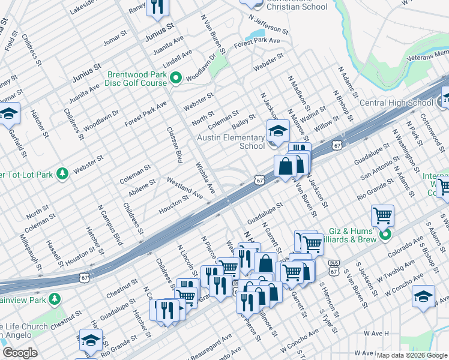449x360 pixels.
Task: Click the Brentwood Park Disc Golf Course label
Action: [137, 79]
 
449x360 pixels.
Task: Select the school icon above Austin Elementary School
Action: [278, 130]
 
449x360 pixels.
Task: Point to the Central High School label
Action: [396, 103]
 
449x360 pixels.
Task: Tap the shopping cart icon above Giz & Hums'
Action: [382, 215]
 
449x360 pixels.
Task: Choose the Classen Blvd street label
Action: [174, 145]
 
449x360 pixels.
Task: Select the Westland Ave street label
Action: [185, 187]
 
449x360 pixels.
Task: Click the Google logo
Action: [20, 353]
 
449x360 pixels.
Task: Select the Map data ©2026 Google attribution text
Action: [412, 355]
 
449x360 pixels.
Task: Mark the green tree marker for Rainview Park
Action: [55, 298]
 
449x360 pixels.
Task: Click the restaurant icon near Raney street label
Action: [158, 7]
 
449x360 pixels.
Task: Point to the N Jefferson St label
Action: [266, 28]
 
